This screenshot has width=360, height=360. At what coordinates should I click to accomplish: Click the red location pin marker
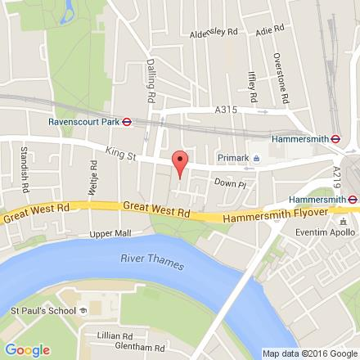[180, 162]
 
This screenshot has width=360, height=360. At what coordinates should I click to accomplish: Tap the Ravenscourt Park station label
[84, 122]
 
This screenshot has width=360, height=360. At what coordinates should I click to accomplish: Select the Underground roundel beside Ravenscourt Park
[128, 122]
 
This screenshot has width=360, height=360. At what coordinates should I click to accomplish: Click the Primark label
[233, 158]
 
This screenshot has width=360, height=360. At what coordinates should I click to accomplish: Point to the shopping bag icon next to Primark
[256, 158]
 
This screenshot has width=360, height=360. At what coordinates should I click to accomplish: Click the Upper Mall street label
[110, 233]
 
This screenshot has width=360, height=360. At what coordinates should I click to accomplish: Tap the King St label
[119, 153]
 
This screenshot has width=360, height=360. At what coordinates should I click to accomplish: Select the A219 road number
[337, 177]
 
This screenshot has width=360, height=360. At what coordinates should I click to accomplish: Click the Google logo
[26, 350]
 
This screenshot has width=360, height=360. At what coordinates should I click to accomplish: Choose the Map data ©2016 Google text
[309, 354]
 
